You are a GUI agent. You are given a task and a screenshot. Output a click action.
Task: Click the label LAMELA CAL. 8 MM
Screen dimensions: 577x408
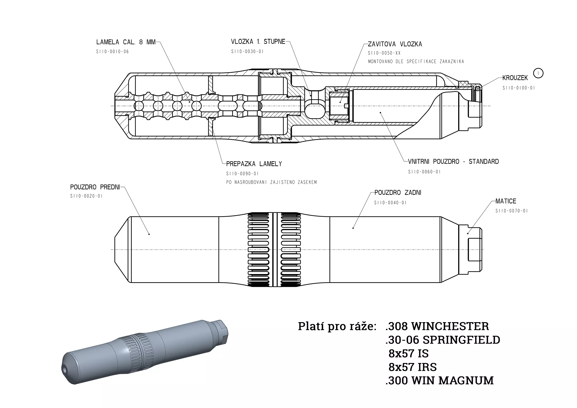tap(126, 42)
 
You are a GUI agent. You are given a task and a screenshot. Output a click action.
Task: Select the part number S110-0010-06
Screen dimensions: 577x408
tap(112, 52)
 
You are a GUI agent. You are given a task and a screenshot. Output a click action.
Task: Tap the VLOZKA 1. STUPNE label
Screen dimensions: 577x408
tap(258, 42)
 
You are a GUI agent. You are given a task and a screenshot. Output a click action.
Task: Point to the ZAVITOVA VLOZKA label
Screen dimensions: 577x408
tap(395, 44)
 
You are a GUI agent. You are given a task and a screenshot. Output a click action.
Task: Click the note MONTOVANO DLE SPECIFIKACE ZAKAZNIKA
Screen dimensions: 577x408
tap(416, 62)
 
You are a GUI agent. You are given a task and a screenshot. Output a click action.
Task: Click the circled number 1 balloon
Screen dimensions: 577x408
tap(538, 73)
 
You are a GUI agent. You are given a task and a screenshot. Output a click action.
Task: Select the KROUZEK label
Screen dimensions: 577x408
tap(515, 78)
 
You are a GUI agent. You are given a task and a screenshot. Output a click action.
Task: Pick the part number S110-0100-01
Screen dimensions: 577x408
tap(519, 88)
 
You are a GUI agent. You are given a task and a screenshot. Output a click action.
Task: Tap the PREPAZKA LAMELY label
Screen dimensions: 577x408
tap(254, 164)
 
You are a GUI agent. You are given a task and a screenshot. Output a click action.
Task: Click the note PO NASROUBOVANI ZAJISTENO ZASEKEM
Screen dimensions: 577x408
tap(271, 182)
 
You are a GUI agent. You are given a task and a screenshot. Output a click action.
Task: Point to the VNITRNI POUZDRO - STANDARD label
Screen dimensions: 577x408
tap(453, 162)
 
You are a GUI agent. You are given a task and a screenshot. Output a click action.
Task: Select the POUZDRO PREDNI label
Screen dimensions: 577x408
tap(95, 187)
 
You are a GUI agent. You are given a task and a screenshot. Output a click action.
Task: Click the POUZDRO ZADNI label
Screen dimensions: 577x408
tap(398, 193)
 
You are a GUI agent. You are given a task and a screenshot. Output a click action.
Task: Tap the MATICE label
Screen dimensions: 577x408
tap(506, 201)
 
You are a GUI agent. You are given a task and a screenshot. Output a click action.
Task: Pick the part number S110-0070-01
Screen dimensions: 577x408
tap(512, 211)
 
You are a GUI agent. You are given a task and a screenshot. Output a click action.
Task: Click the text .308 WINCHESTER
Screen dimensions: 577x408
tap(437, 326)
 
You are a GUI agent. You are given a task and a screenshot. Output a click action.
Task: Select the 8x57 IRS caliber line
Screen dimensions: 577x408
tap(413, 367)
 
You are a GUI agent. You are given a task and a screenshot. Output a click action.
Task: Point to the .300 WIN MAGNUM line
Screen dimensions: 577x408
tap(439, 381)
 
